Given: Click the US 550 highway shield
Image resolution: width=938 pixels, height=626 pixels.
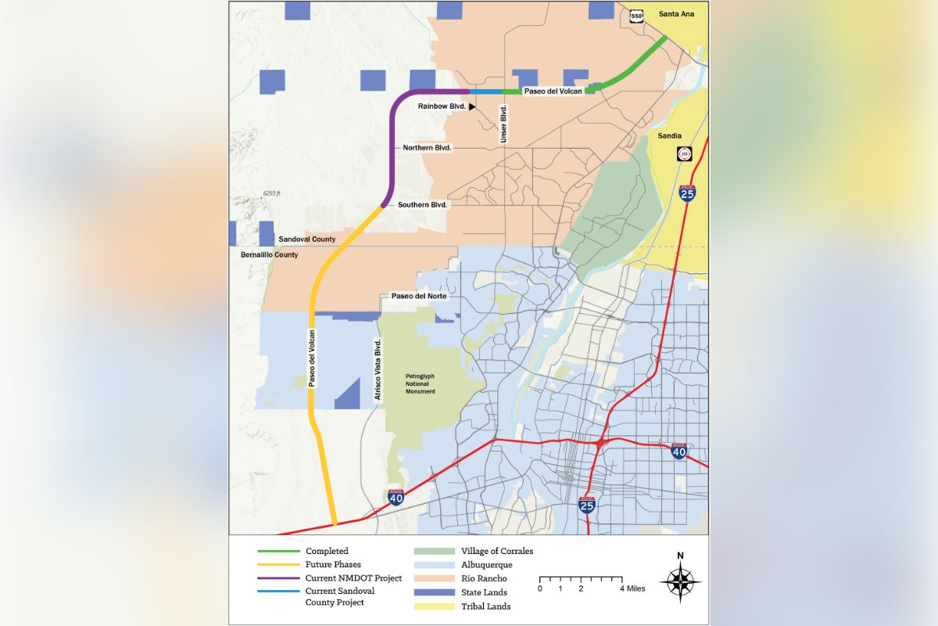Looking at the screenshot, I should (638, 15).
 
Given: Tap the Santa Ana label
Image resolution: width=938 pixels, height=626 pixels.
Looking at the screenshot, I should (676, 14).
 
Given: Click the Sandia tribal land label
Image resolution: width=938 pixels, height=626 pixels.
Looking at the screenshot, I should (670, 135).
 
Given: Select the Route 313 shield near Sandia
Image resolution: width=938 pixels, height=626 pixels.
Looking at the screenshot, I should (685, 154).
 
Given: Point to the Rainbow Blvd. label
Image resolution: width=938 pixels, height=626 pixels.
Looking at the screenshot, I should (442, 106).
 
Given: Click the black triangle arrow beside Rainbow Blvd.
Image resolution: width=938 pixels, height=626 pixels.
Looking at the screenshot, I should (472, 106).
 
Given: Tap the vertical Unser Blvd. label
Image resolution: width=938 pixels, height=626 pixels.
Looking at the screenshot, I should (503, 125).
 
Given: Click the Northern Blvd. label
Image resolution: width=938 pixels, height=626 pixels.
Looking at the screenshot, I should (428, 148).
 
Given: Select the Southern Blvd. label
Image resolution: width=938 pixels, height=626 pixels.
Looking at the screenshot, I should (422, 205).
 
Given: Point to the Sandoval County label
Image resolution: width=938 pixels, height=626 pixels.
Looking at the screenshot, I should (307, 239).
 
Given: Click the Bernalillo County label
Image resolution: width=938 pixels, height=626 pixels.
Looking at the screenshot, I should (264, 255).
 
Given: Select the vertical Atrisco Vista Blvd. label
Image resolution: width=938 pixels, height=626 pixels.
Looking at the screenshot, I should (378, 371).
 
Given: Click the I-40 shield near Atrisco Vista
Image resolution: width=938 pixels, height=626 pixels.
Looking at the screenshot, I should (397, 498).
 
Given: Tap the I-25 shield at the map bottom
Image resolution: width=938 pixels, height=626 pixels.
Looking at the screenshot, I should (587, 505).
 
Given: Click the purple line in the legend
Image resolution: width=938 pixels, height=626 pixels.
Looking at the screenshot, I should (279, 577).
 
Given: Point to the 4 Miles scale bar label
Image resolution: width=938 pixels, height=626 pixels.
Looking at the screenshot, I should (632, 588).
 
